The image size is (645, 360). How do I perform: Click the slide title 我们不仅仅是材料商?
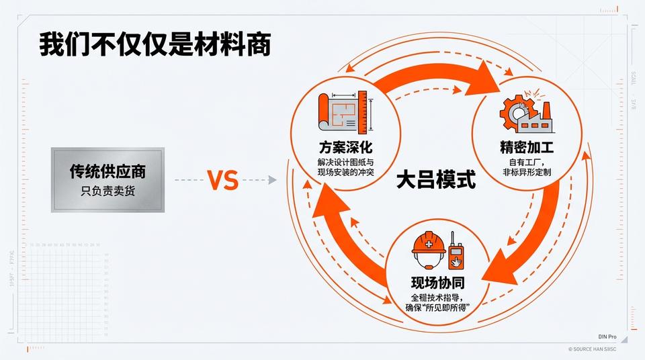155,44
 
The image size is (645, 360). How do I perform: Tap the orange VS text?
222,180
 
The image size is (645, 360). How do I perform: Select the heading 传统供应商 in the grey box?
107,171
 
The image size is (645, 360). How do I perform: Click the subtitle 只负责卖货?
107,191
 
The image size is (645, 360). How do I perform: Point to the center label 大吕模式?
436,180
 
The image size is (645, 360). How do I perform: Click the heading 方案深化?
346,147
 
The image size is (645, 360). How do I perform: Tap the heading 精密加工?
526,147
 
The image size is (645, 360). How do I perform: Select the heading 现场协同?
438,281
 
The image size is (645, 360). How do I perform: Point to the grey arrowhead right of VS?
271,180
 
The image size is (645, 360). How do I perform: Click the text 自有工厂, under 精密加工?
527,162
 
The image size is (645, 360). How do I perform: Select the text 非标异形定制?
527,173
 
